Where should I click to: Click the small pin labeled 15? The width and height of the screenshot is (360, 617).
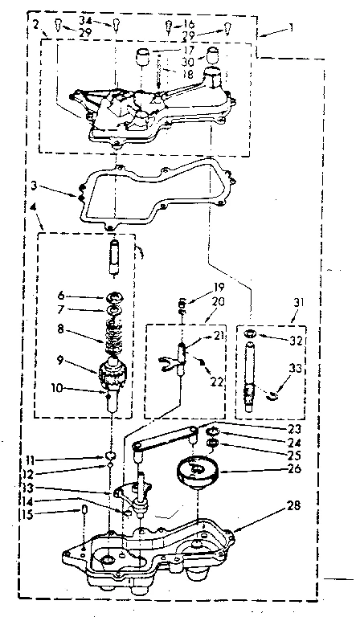[84, 512]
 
